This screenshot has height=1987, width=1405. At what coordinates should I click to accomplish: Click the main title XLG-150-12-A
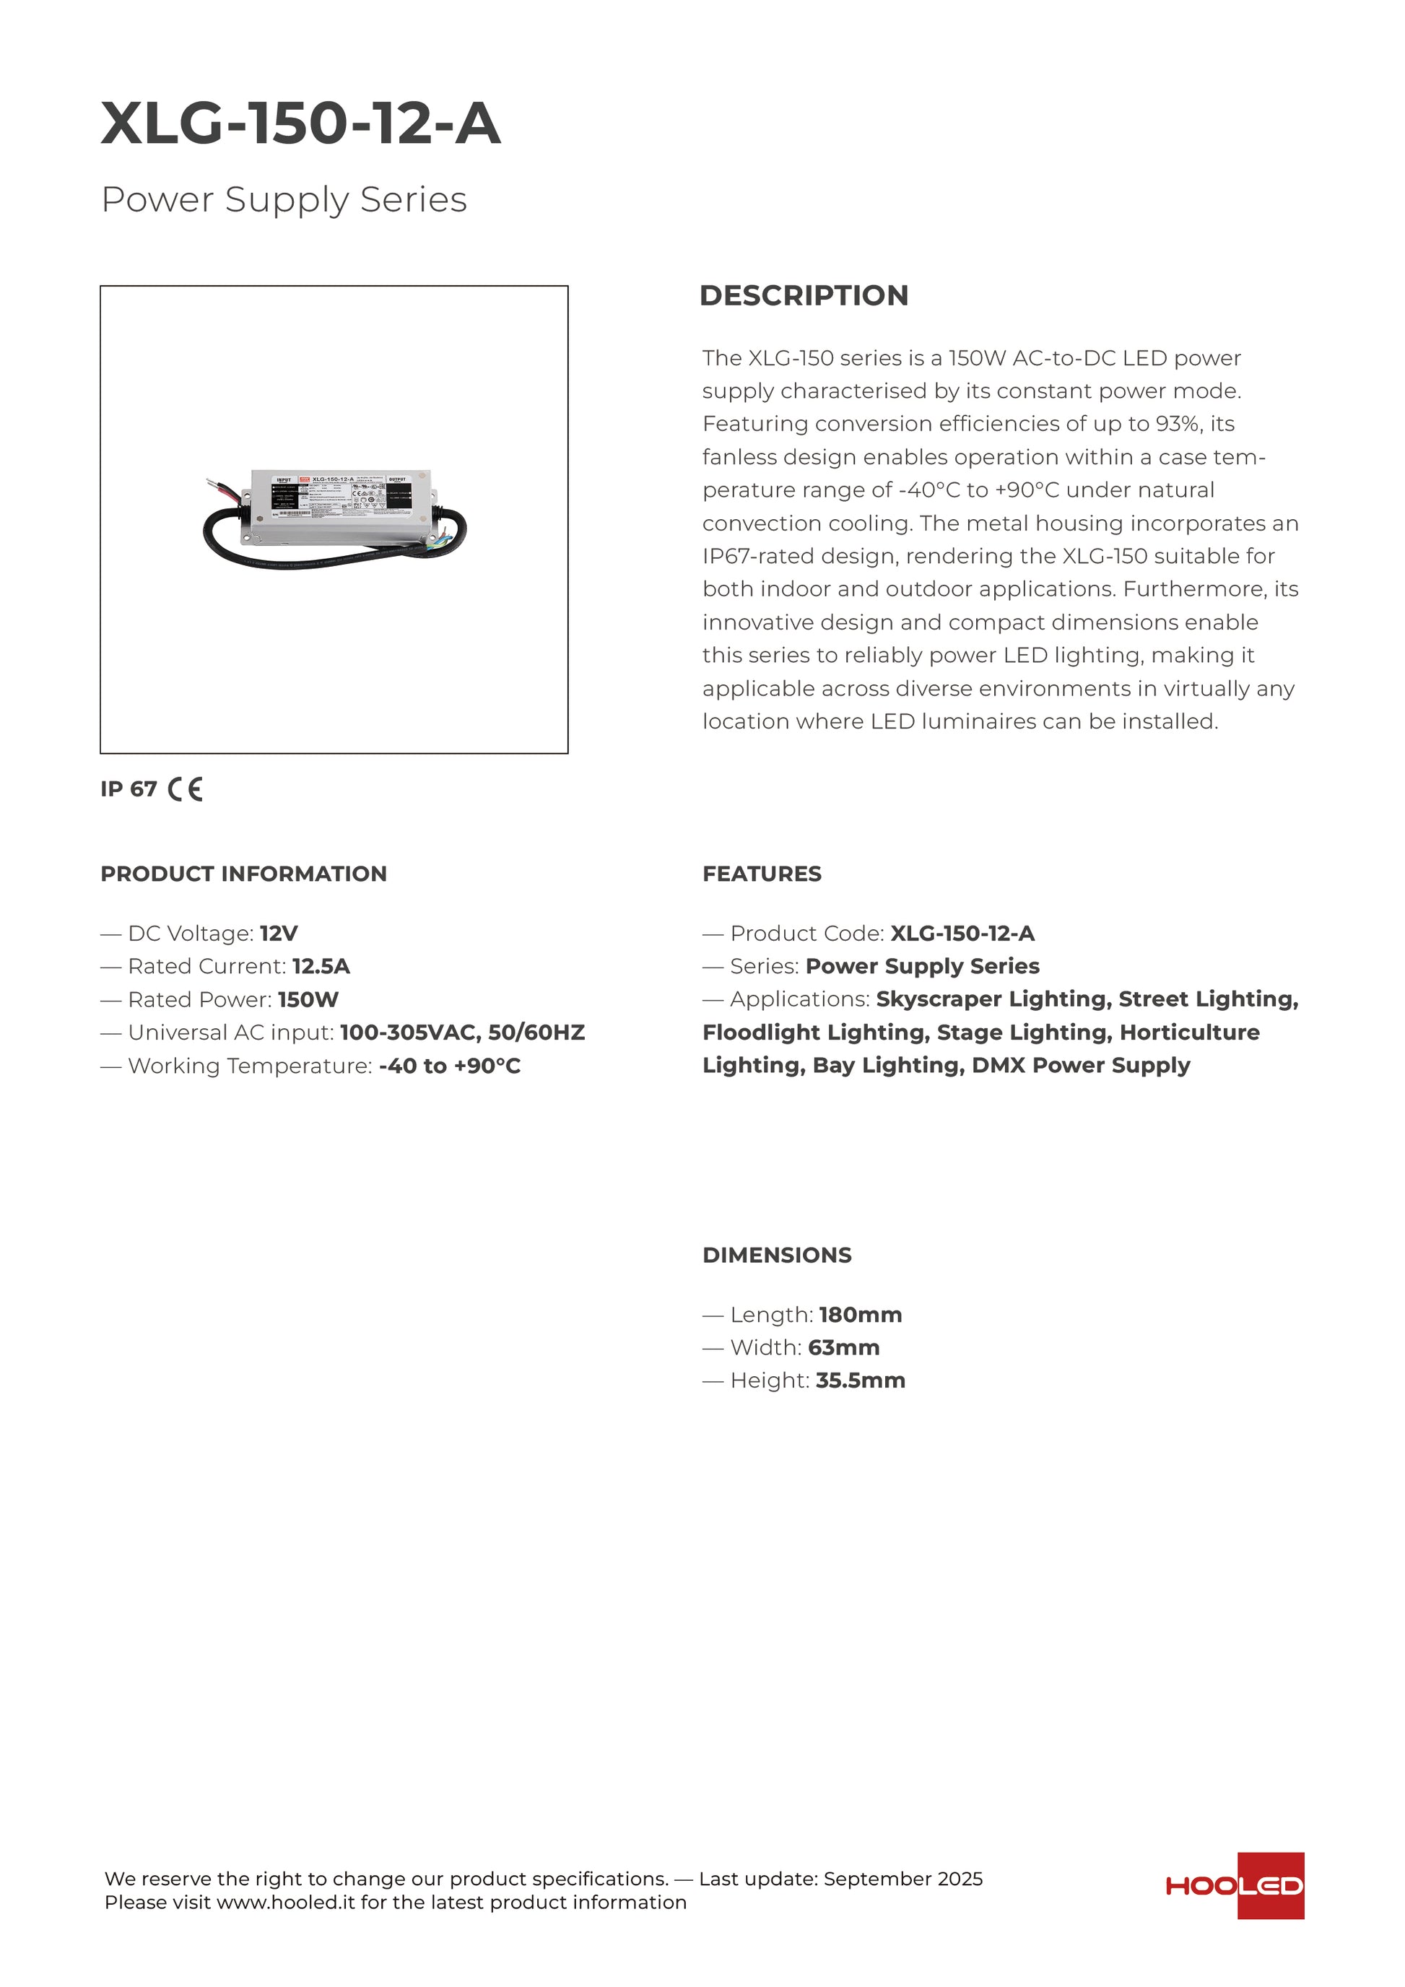point(300,123)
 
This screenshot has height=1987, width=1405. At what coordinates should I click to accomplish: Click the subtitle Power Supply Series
point(284,200)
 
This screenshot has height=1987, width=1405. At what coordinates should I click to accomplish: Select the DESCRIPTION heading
point(803,295)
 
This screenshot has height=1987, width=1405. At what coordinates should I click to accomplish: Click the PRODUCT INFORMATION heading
point(243,874)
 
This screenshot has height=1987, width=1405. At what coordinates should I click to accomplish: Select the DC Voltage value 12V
point(279,934)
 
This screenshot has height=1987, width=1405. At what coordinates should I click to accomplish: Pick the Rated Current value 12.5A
point(321,967)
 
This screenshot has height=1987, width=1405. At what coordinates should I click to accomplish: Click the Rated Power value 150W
point(308,999)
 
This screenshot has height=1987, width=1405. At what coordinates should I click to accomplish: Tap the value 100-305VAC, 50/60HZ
point(462,1032)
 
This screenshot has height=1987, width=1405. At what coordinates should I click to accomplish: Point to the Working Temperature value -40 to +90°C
point(449,1066)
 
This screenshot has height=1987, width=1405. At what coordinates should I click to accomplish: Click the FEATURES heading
point(761,874)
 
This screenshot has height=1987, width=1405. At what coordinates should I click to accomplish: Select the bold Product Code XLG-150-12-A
point(962,934)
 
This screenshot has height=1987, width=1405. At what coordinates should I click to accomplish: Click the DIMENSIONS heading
point(776,1255)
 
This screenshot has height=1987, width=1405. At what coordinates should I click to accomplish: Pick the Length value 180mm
point(860,1315)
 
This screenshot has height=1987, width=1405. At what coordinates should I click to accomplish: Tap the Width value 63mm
point(843,1347)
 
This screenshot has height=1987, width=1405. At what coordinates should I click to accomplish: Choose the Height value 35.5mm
point(860,1381)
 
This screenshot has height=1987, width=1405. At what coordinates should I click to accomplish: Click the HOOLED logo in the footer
point(1235,1886)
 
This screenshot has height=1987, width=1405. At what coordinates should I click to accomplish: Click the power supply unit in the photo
point(339,506)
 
